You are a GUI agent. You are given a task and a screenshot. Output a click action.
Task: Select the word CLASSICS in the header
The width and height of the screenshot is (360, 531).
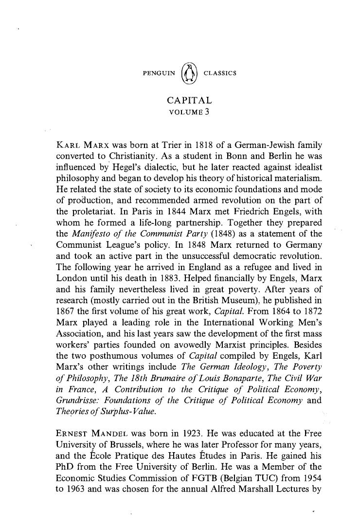click(220, 73)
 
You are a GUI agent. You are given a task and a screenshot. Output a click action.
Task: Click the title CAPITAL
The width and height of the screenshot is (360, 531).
click(189, 100)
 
